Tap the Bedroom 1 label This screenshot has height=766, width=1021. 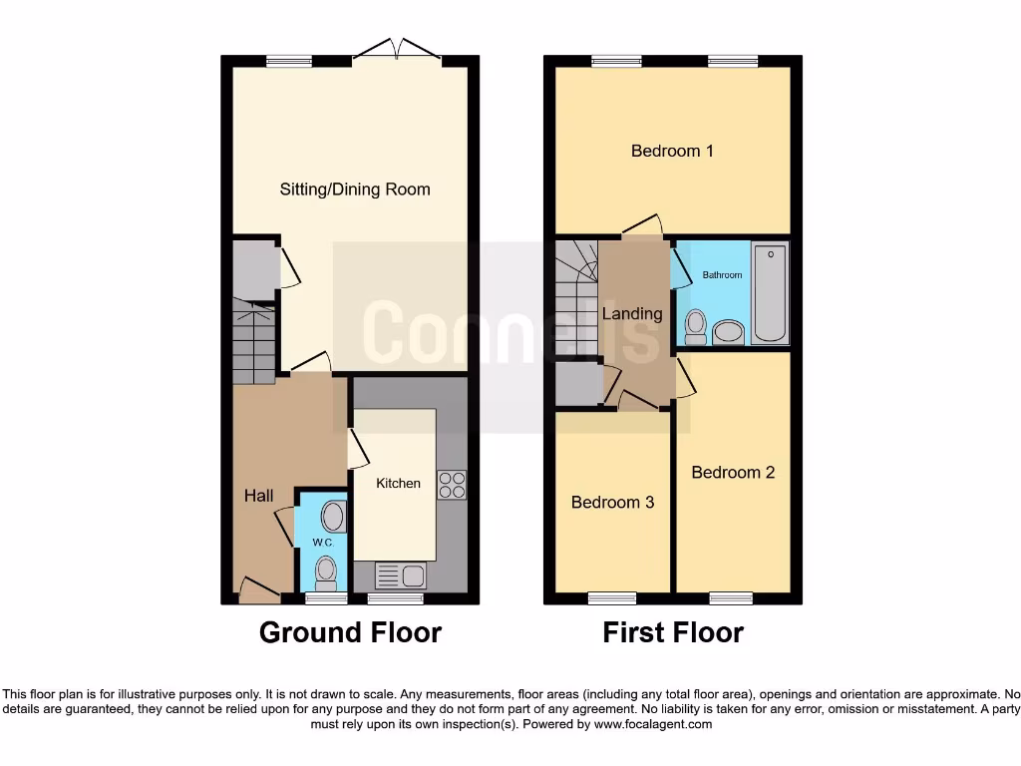[672, 151]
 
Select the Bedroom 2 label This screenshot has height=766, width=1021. [733, 472]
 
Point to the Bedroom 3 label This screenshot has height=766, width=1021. [612, 502]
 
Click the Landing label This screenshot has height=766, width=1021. [632, 313]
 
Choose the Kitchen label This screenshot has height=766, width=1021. [398, 483]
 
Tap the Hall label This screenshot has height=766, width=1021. [259, 496]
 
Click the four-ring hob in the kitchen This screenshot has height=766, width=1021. [452, 484]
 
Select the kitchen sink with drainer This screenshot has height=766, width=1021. [401, 574]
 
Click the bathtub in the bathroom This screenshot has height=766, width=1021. [770, 292]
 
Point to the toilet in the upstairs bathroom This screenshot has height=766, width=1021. [696, 325]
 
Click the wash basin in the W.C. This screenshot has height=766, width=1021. [333, 517]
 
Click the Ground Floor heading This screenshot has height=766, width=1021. [350, 632]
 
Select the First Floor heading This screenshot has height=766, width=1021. [673, 632]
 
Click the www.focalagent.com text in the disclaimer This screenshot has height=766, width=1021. [654, 724]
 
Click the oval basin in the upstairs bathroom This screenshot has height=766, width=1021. [730, 331]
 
